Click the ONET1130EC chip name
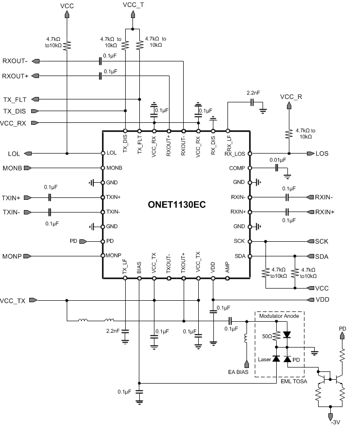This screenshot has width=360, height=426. [176, 205]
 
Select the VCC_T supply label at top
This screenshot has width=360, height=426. [133, 5]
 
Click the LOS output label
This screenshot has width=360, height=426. [322, 154]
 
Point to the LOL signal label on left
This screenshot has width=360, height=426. [14, 154]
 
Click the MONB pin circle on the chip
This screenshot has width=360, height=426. [103, 168]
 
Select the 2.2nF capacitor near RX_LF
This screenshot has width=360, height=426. [252, 102]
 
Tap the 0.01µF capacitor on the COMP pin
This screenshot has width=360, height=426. [276, 168]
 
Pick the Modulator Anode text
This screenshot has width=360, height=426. [280, 316]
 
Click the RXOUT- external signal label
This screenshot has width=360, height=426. [15, 61]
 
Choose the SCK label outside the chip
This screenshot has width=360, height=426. [322, 242]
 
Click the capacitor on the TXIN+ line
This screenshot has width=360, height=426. [50, 197]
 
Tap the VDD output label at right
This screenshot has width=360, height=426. [322, 300]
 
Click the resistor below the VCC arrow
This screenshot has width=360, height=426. [67, 45]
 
